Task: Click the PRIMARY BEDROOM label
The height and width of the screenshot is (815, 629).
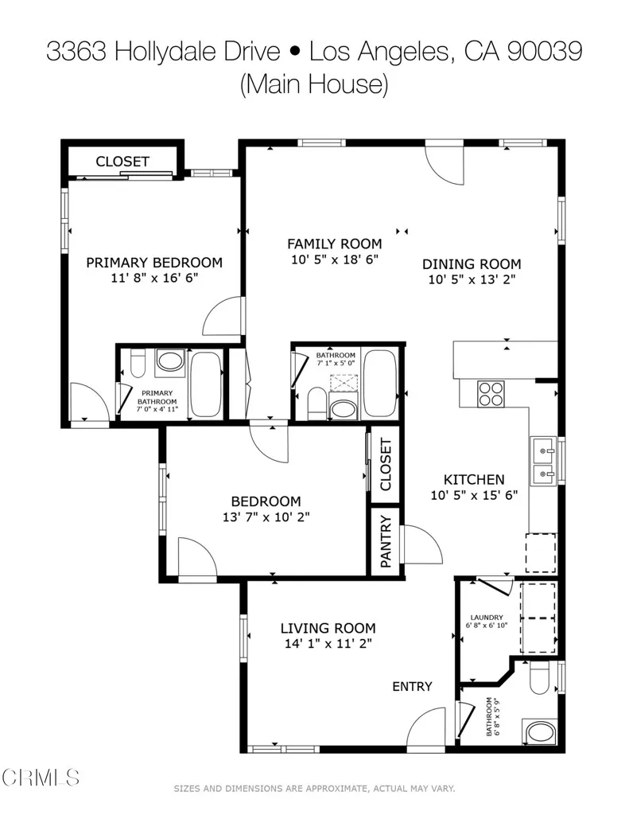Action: pos(154,263)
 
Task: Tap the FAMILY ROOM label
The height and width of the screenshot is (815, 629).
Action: pos(334,244)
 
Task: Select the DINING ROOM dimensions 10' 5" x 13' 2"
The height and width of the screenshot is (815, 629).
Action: pos(472,279)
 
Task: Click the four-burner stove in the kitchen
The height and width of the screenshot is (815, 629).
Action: pos(491,392)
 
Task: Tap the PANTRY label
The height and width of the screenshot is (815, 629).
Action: pos(386,542)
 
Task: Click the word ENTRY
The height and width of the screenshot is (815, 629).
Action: pos(412,686)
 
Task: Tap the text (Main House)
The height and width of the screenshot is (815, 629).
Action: pos(314,84)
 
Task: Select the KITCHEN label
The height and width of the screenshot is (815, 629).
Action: pos(474,479)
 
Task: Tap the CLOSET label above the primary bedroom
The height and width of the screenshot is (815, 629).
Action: pos(122,162)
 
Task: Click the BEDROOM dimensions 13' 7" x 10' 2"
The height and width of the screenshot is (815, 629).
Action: pos(266,516)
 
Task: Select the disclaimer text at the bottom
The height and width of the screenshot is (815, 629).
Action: pos(314,788)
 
